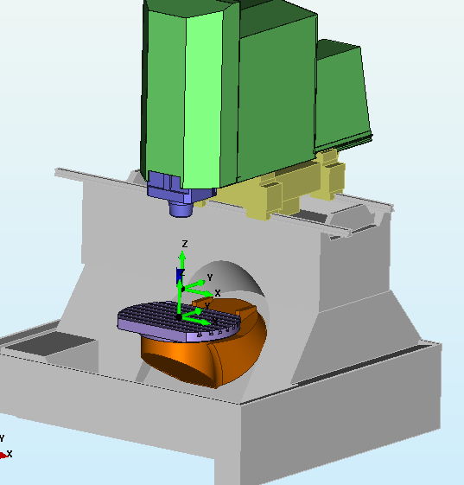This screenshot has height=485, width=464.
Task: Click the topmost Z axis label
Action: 185,244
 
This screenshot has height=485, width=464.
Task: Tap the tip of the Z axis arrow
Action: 182,252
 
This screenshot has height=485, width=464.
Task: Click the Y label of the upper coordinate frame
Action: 210,278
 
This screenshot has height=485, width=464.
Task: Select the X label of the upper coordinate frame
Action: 218,293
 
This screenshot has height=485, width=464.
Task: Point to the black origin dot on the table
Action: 179,317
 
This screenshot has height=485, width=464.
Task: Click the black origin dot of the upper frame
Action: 182,290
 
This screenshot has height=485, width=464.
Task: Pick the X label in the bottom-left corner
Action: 10,454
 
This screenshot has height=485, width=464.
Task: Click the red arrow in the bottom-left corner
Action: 3,456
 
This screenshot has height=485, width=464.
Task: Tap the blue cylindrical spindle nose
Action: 181,209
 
